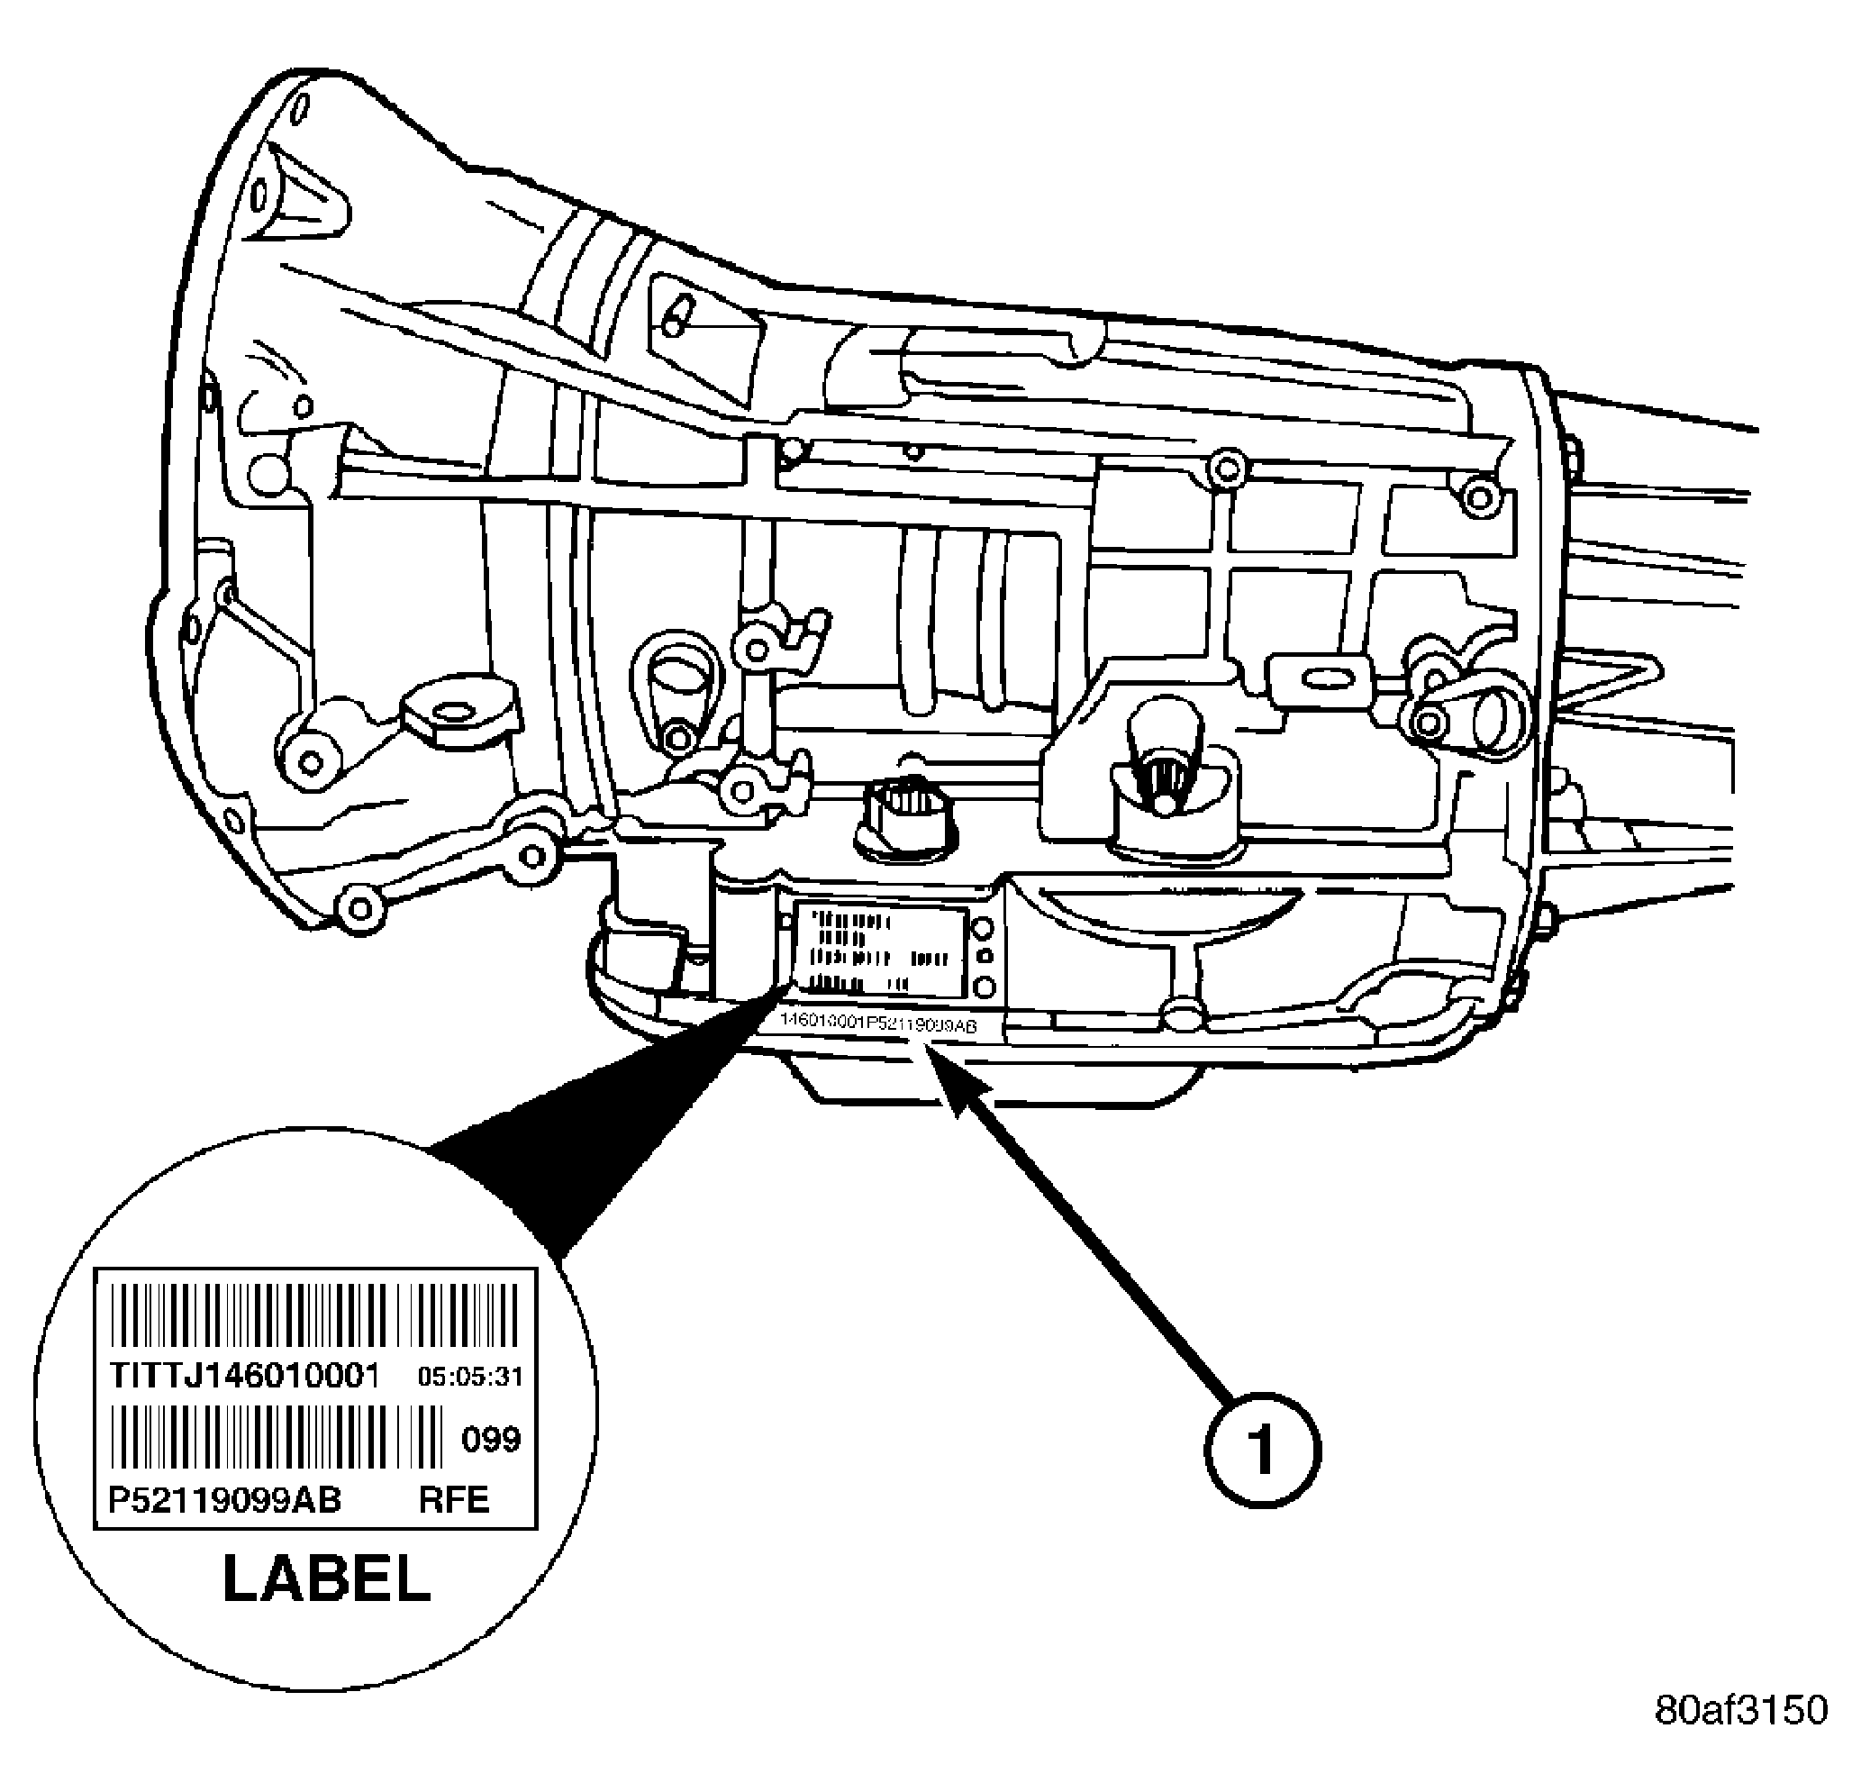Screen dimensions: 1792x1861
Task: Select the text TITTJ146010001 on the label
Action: pyautogui.click(x=244, y=1376)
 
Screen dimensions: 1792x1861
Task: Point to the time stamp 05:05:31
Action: pyautogui.click(x=471, y=1377)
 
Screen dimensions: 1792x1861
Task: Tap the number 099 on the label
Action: pyautogui.click(x=491, y=1440)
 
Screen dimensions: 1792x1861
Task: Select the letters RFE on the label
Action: pyautogui.click(x=454, y=1500)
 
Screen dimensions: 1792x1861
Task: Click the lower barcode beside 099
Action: pyautogui.click(x=276, y=1437)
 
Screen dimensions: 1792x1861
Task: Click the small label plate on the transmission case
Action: pyautogui.click(x=879, y=951)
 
